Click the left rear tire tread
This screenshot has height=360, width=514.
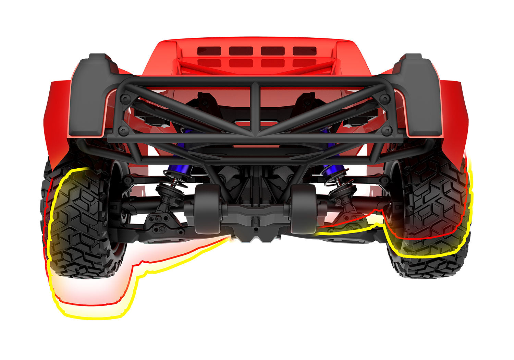point(79,226)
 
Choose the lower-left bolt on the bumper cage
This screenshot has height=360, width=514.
point(123,131)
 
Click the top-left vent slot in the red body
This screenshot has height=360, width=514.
point(209,50)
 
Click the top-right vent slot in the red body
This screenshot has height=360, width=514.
point(304,50)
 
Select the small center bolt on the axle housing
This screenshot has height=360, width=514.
point(256,223)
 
